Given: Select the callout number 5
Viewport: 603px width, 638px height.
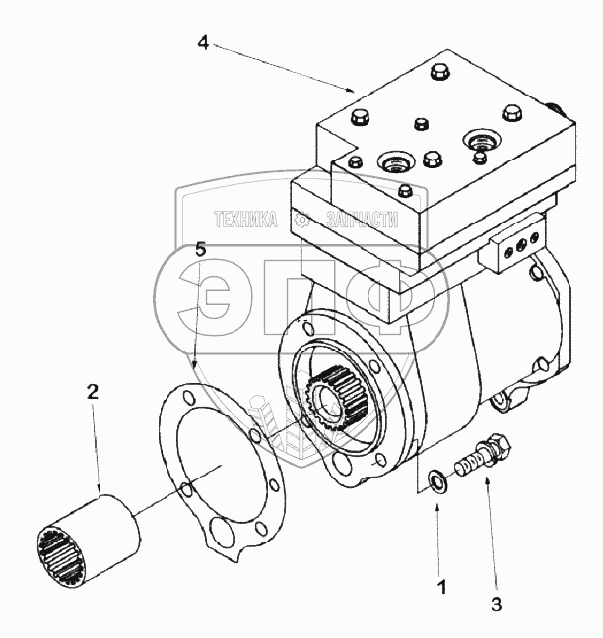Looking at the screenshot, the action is (201, 251).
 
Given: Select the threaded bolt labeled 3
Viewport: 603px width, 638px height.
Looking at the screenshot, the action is (478, 461).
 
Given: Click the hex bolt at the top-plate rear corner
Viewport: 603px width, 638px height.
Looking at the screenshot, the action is (438, 72).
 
